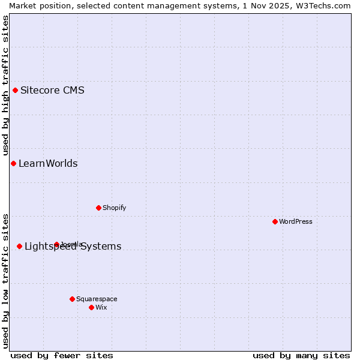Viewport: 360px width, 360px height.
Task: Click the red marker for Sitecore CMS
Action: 16,91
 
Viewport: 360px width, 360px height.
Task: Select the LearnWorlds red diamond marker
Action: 13,164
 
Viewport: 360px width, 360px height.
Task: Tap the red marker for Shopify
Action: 98,208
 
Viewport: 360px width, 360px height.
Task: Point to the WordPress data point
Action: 275,221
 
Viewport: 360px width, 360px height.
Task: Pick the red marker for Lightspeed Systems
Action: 19,246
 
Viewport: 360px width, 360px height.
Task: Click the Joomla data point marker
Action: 56,244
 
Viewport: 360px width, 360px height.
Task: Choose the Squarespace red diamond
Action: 72,299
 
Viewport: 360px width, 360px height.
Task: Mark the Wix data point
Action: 91,307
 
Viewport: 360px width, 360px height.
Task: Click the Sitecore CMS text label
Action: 52,91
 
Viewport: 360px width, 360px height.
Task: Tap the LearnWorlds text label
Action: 48,164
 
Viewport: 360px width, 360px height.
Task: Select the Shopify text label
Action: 114,208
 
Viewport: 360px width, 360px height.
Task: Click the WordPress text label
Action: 296,221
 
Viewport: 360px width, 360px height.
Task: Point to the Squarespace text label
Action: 97,299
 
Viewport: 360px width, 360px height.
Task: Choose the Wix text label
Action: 101,307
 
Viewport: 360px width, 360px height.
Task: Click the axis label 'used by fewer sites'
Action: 62,355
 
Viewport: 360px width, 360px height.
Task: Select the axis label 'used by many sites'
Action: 301,355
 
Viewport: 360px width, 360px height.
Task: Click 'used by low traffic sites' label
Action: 5,280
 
